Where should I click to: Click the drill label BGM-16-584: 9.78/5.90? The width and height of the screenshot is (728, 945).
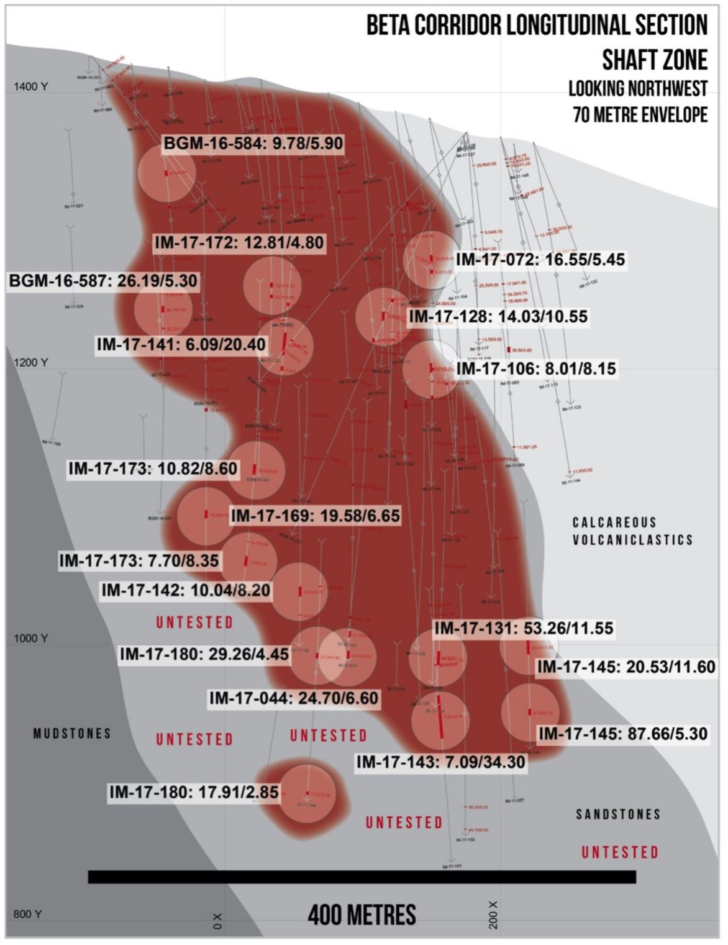(x=253, y=144)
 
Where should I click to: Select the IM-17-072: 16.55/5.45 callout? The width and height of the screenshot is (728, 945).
(x=540, y=260)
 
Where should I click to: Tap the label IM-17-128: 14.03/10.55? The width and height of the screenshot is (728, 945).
(x=498, y=316)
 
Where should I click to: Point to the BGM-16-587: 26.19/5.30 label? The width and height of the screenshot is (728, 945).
(x=103, y=281)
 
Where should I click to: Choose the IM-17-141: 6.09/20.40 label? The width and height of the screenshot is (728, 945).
(x=181, y=344)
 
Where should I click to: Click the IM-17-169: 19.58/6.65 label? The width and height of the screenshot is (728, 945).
(x=315, y=515)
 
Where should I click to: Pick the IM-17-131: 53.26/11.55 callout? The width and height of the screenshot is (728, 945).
(x=524, y=628)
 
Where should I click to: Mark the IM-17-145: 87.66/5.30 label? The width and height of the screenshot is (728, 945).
(x=622, y=734)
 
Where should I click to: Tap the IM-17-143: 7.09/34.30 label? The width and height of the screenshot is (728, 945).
(x=440, y=762)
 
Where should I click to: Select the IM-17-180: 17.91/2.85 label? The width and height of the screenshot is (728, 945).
(x=194, y=792)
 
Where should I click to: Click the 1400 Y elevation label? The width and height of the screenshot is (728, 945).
(x=30, y=87)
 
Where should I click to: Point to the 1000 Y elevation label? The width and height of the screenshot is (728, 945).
(x=30, y=639)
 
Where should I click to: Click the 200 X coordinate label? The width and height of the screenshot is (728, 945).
(x=494, y=914)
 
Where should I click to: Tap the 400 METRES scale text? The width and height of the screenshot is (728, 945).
(x=362, y=915)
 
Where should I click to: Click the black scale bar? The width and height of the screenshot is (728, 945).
(x=362, y=877)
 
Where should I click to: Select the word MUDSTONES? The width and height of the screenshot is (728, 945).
(x=72, y=734)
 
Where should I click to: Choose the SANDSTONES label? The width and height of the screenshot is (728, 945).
(x=618, y=814)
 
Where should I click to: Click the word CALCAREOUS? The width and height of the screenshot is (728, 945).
(x=614, y=523)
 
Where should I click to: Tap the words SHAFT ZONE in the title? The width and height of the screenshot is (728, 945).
(x=654, y=60)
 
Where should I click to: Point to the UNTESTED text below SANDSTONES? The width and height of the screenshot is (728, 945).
(x=619, y=852)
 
